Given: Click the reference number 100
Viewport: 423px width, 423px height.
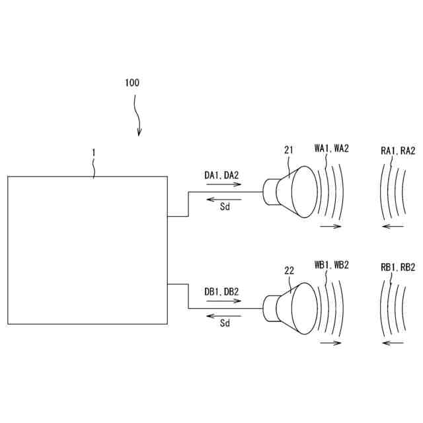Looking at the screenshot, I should pos(132,83).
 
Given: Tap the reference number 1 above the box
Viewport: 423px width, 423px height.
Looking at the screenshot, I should pos(94,152).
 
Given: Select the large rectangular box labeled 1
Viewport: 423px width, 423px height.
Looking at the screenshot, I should pos(87,250).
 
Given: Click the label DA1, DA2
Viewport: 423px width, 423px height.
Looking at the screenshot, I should pos(221,174).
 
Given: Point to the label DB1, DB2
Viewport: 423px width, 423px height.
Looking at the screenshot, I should pos(221,291).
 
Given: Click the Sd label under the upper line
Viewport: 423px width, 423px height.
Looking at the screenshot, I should pos(225,207).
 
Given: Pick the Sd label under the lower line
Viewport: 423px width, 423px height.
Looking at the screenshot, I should pos(225,323).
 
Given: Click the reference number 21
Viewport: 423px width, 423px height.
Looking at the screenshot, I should pos(289,150).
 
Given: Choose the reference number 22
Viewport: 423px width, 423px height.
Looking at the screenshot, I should pos(289,270).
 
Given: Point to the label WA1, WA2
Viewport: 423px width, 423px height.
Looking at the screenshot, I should pos(331,149).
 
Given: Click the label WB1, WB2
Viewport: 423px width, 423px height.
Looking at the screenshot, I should pos(331,265).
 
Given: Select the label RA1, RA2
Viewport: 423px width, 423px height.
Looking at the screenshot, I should pos(398,151).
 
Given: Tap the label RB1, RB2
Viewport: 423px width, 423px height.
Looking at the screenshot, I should pos(398,268).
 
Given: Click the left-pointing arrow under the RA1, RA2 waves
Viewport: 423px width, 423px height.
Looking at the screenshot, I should pos(393,227).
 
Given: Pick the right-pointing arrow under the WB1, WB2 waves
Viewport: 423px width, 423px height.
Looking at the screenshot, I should pos(330,343).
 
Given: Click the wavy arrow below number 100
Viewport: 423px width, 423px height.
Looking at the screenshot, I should pos(137,114).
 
